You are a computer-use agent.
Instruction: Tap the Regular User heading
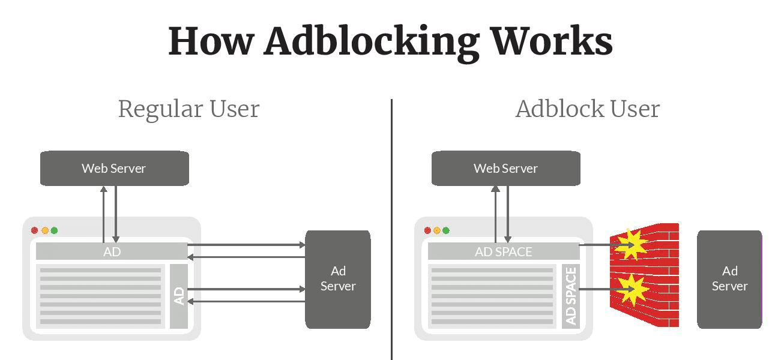coord(188,109)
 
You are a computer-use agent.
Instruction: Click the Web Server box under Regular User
coord(114,168)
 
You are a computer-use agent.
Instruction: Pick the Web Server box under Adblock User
coord(505,168)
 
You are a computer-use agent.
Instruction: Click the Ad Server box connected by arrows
coord(337,279)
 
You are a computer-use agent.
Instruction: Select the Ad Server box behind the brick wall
coord(729,279)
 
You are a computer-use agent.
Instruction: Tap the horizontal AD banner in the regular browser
coord(112,251)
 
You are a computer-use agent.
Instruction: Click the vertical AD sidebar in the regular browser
coord(179,296)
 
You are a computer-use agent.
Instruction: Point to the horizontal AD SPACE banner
coord(503,251)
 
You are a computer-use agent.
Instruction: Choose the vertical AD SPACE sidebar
coord(571,296)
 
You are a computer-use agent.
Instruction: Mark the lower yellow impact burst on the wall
coord(634,289)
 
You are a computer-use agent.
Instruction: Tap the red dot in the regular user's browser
coord(34,230)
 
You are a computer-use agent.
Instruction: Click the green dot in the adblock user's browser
coord(446,230)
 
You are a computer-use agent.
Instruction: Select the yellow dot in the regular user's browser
coord(44,230)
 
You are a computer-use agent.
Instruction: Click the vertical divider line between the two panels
coord(392,228)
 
